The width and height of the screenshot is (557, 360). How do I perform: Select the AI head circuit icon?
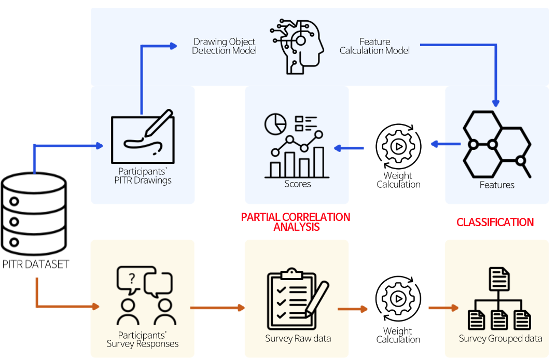pos(296,46)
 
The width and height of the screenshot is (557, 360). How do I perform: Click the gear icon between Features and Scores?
pos(398,146)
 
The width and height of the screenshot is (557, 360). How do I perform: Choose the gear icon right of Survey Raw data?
pos(398,299)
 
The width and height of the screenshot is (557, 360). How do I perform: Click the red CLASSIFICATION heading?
pos(495,222)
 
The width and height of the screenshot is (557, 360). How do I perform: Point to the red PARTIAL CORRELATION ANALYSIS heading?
pos(296,222)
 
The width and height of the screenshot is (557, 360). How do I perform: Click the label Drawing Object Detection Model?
pos(224,46)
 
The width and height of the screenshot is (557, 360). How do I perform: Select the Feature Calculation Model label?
pos(374,46)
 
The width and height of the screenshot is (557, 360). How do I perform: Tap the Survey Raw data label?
pos(298,339)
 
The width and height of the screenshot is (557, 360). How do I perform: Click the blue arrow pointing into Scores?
pos(349,148)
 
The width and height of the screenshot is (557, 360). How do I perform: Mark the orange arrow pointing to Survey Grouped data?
pos(443,308)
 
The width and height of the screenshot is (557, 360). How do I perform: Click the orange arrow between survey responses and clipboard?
pos(217,308)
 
